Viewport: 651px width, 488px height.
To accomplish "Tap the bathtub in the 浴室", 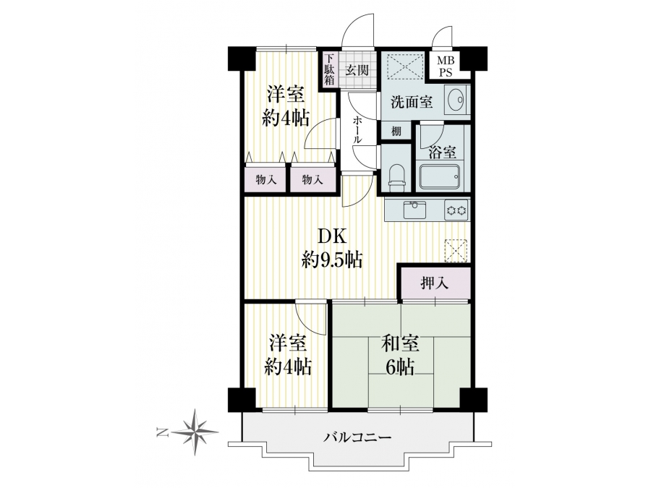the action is click(x=440, y=178).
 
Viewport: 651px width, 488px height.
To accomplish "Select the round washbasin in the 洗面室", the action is click(x=456, y=100).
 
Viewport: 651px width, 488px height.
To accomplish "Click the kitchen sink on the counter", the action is click(x=414, y=210).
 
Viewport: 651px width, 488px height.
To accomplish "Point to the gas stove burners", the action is click(x=456, y=210).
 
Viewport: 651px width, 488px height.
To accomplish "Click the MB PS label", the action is click(x=446, y=67).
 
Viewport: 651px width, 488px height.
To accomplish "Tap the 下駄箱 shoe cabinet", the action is click(x=329, y=69).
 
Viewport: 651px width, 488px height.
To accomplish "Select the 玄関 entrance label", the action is click(x=357, y=69).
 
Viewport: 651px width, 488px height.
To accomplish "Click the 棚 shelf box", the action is click(x=396, y=132).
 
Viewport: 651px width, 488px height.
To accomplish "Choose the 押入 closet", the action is click(x=435, y=283).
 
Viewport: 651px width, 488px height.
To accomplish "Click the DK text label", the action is click(x=332, y=237).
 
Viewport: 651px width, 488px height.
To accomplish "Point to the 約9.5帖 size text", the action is click(x=332, y=260).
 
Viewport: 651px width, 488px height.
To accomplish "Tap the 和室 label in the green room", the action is click(x=400, y=344).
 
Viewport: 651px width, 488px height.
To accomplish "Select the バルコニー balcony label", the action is click(x=357, y=437).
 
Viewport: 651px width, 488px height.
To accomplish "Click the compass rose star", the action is click(x=195, y=432).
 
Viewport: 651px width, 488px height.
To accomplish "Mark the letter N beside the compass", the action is click(x=161, y=433).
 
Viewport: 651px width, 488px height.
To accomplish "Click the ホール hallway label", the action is click(x=357, y=130).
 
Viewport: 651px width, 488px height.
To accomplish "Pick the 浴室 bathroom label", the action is click(x=443, y=153).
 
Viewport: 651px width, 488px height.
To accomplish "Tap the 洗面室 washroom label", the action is click(x=412, y=102).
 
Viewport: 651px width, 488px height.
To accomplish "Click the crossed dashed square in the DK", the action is click(x=456, y=251).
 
